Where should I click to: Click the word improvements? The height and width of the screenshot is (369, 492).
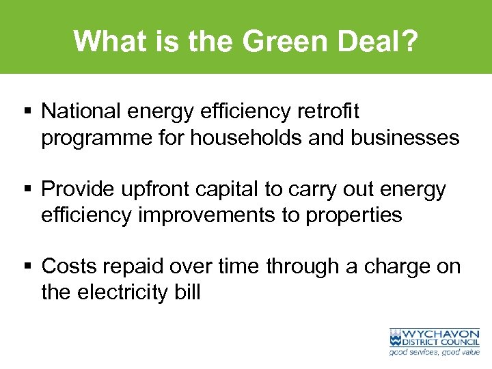(x=202, y=215)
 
